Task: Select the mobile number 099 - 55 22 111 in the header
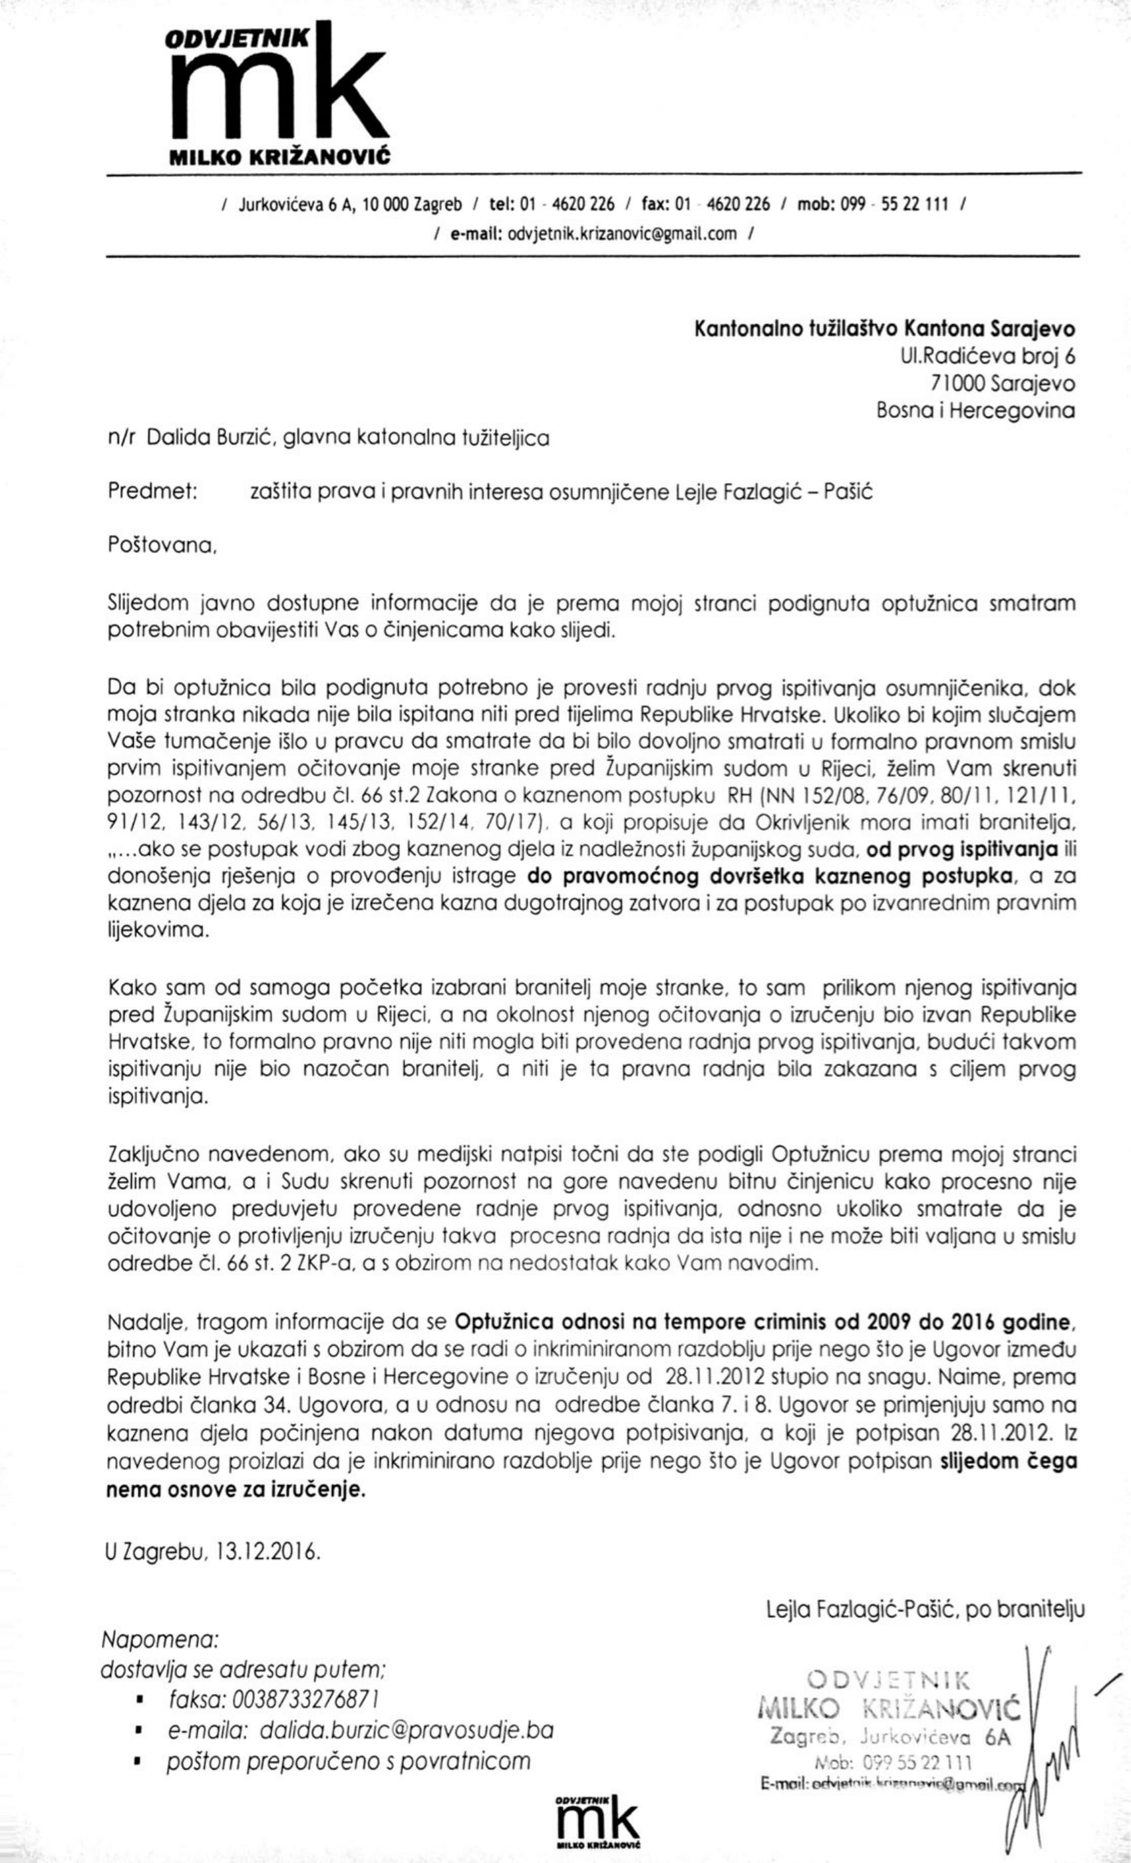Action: [x=897, y=204]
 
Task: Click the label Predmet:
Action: [x=153, y=492]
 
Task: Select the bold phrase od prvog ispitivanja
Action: [x=961, y=850]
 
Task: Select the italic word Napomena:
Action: [x=160, y=1640]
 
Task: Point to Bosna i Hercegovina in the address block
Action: [x=975, y=411]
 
